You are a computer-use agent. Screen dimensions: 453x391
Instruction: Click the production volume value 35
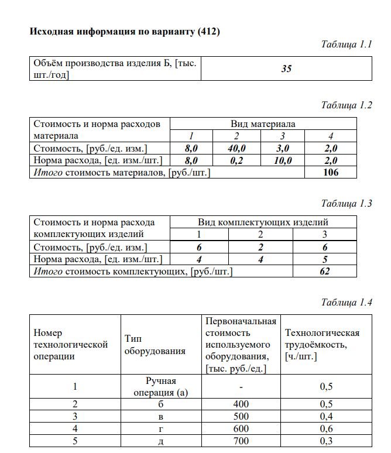[x=286, y=68]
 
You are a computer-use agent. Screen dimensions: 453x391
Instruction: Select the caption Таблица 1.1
[x=347, y=44]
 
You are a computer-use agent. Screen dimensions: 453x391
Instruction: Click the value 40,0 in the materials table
[x=236, y=149]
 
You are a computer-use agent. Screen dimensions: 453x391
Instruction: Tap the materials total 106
[x=331, y=172]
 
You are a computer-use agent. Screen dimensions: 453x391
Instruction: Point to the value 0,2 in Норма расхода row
[x=236, y=160]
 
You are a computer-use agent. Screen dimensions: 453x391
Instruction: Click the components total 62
[x=325, y=271]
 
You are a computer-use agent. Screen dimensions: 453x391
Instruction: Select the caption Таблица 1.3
[x=347, y=204]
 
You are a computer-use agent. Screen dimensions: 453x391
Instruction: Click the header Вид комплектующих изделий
[x=263, y=222]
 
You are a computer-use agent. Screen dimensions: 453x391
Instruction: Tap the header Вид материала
[x=263, y=123]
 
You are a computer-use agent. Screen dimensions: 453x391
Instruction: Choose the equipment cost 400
[x=241, y=404]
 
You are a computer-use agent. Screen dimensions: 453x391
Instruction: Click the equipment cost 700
[x=241, y=440]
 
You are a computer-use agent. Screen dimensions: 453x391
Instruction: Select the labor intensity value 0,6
[x=326, y=428]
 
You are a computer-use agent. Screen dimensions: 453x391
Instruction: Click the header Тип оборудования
[x=155, y=345]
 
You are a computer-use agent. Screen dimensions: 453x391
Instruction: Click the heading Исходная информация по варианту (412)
[x=125, y=31]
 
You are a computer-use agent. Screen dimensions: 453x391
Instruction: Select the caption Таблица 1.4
[x=347, y=302]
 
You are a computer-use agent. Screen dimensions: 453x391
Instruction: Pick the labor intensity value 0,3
[x=326, y=440]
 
